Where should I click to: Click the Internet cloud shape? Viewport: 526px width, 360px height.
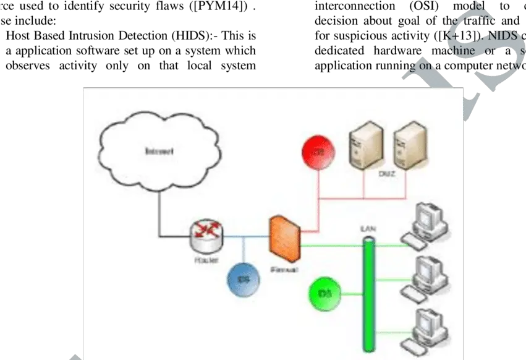coord(159,152)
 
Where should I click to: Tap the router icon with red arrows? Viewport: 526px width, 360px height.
coord(206,234)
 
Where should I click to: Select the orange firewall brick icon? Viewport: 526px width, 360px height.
coord(284,239)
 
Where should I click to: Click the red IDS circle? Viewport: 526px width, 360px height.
coord(318,152)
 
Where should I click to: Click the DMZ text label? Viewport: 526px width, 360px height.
coord(386,175)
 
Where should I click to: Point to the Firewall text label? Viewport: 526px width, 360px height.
coord(285,270)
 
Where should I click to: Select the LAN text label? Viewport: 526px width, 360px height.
coord(368,228)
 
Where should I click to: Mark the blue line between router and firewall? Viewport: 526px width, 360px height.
coord(245,236)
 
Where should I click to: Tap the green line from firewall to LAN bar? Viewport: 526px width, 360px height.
coord(331,246)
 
